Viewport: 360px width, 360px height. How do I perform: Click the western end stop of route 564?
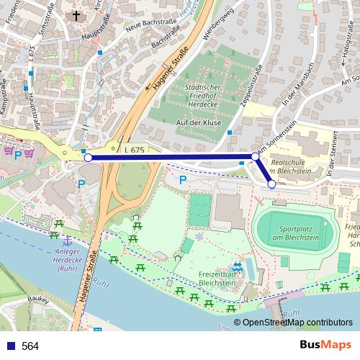coord(88,157)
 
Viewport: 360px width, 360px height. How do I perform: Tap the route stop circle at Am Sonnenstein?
coord(255,156)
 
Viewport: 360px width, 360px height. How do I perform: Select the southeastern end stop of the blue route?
coord(271,184)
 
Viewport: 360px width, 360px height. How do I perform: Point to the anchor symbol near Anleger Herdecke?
coord(66,239)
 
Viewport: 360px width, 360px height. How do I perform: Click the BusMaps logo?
coord(320,346)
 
